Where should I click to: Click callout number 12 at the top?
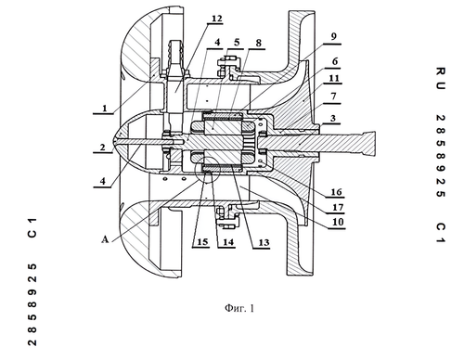(217, 19)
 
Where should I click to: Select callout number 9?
(333, 36)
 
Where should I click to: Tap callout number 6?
(335, 61)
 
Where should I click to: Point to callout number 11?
(334, 78)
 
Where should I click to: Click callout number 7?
(333, 96)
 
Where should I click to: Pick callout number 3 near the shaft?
(333, 118)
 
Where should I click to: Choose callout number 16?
(336, 192)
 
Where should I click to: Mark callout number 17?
(338, 207)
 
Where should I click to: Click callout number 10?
(338, 222)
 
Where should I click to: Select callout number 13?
(264, 242)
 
